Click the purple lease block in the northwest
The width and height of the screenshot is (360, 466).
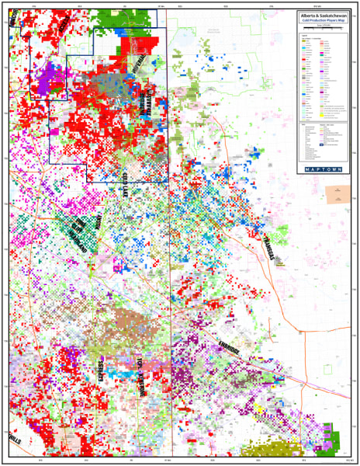[47, 78]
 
